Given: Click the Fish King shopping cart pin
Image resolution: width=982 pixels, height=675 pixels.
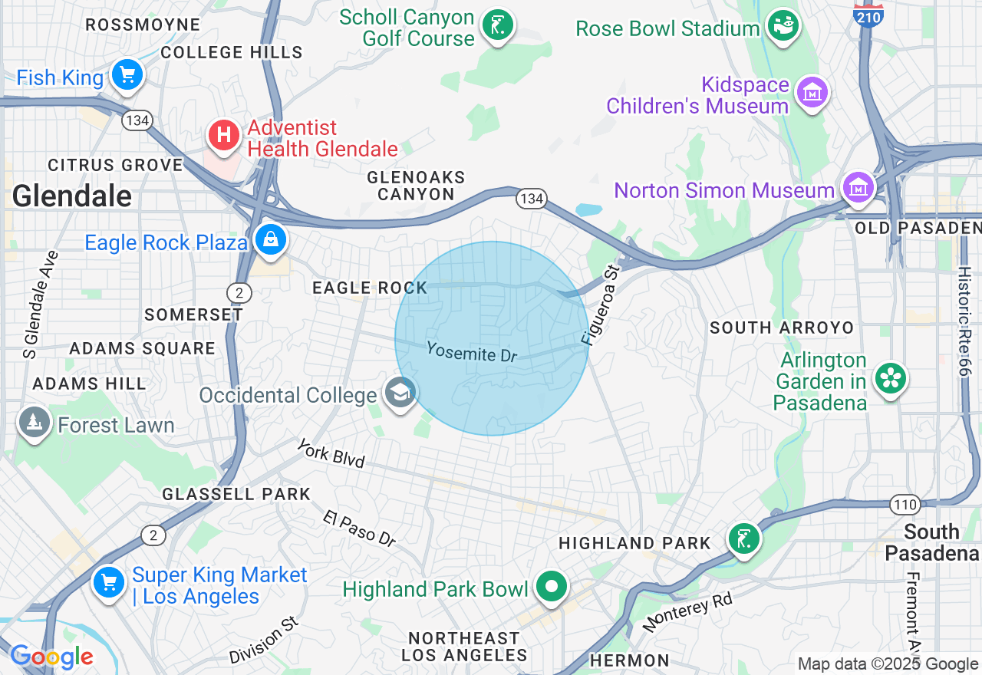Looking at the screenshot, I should (127, 75).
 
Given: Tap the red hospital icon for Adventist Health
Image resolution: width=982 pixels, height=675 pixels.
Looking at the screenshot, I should (224, 137).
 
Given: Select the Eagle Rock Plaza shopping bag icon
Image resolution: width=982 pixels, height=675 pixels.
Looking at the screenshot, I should (271, 240).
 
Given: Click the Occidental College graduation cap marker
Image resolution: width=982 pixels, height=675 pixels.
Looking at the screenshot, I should (400, 393).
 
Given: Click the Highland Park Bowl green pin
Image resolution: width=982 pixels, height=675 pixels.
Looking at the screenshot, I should (551, 587).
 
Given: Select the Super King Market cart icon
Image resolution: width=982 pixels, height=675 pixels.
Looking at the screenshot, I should (108, 583).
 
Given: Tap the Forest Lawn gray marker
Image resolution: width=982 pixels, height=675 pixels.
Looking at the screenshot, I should (35, 423).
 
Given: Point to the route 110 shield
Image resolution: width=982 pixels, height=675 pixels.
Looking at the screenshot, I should (905, 504).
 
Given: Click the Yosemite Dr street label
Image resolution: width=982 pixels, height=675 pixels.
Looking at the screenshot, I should (472, 351).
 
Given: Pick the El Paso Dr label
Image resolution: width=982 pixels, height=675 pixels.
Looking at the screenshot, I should (359, 528).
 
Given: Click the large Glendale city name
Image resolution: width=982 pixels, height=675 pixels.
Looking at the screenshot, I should (72, 196).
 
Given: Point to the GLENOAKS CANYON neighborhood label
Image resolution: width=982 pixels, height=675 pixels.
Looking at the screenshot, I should (416, 186).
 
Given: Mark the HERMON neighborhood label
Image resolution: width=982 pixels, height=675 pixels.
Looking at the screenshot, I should (630, 660).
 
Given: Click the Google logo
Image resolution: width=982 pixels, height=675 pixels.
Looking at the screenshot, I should (51, 657).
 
